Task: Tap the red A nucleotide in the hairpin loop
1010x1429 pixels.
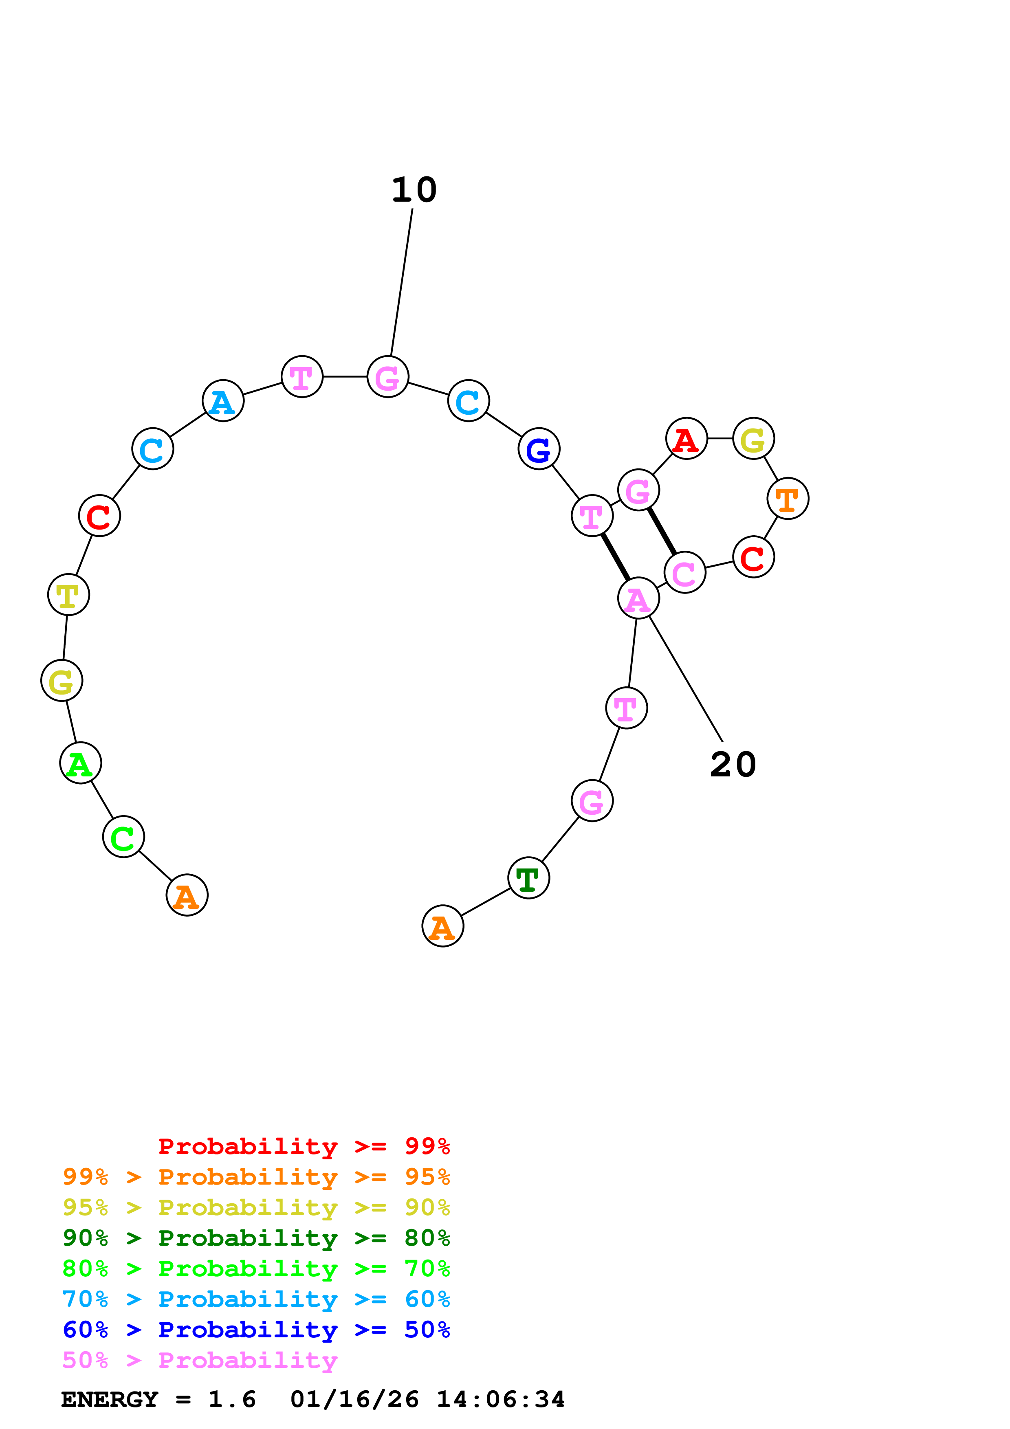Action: point(687,439)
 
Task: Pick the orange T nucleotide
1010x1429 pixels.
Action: point(788,499)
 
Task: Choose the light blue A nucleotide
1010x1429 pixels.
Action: point(223,401)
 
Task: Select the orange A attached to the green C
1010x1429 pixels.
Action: point(187,895)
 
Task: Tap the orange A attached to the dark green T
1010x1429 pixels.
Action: point(442,926)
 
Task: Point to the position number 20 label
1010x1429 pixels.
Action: point(733,764)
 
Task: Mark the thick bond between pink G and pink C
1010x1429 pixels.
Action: point(662,531)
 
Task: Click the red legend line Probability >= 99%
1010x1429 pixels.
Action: point(304,1146)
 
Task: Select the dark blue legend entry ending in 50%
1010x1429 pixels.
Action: point(256,1330)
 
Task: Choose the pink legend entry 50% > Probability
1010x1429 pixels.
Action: point(200,1361)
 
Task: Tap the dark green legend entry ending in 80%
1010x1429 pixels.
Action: point(256,1238)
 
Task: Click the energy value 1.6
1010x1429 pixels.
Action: point(232,1399)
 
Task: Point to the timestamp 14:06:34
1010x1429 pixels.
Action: point(500,1399)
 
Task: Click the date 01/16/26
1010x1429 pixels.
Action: point(355,1399)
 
